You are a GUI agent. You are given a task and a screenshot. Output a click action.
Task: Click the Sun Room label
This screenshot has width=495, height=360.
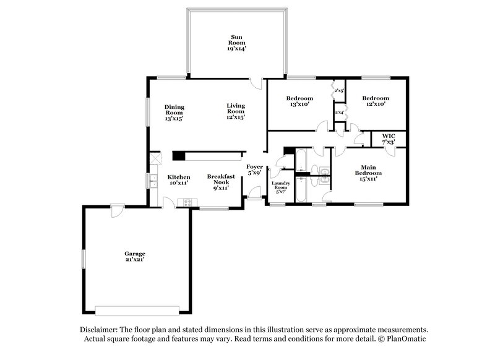point(236,41)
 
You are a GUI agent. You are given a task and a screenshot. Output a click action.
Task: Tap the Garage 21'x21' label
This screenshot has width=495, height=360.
point(134,256)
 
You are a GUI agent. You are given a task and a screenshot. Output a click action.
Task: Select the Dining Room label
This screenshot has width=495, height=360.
point(174,112)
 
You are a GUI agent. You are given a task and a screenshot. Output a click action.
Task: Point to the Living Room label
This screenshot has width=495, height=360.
point(236,111)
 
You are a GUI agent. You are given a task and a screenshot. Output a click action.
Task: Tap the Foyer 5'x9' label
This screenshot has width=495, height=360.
point(254,170)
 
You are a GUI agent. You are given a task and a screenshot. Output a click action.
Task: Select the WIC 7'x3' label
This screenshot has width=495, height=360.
point(389,139)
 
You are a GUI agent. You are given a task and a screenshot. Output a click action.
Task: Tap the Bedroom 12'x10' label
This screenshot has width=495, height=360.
point(376,101)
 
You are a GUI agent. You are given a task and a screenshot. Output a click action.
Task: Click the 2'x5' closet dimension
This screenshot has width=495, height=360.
point(339,92)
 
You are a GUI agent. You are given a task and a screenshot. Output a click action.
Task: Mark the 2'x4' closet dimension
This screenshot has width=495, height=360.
point(339,113)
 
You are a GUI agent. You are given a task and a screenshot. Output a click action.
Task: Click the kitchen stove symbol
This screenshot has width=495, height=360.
point(186,202)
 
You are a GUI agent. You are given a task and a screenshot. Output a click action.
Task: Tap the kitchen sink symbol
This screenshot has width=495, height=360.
point(152,181)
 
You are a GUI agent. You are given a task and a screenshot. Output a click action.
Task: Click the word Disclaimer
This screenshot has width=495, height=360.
point(101,330)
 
